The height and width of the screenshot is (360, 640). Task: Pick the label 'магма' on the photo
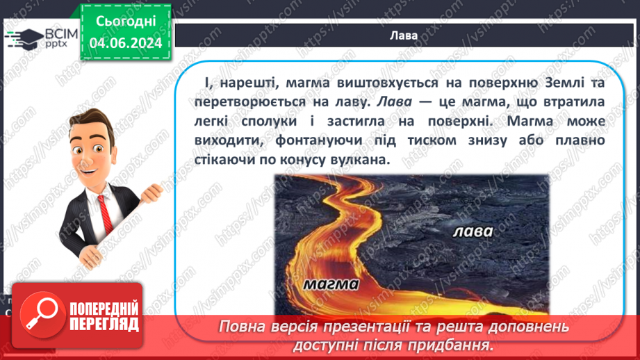click(x=331, y=284)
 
